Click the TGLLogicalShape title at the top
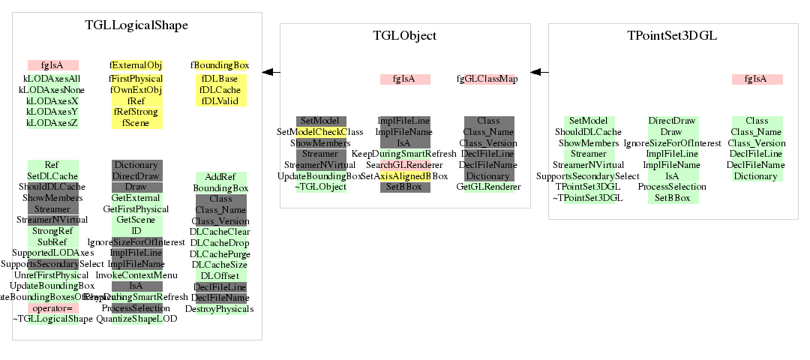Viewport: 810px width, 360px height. pos(136,25)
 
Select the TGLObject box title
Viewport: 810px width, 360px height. pos(405,36)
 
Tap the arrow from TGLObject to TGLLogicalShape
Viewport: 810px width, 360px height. pos(271,72)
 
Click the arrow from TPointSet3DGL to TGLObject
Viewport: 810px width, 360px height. pos(539,72)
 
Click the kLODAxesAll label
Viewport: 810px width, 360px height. pos(52,79)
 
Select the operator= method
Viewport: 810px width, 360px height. pos(52,308)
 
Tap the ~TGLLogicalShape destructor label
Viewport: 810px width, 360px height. pos(52,319)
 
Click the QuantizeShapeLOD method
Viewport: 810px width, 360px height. pos(137,319)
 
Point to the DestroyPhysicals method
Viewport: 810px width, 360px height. pos(220,308)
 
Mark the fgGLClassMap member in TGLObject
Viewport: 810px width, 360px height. pos(487,79)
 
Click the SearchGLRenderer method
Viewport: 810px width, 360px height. pos(405,165)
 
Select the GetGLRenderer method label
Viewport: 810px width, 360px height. pos(488,187)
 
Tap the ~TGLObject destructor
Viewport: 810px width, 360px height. pos(320,187)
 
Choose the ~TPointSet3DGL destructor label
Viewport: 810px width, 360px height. pos(588,198)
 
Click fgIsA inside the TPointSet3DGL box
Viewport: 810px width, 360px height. pos(757,79)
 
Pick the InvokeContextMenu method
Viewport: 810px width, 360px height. pos(137,275)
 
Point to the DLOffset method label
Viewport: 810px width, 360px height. pos(220,275)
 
